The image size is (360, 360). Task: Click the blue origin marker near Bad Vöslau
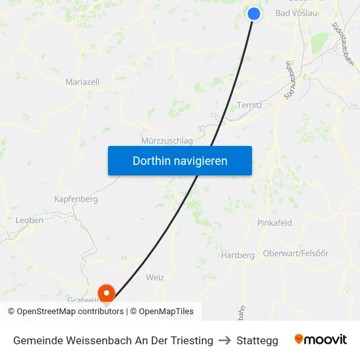point(255,14)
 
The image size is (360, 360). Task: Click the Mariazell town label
point(82,82)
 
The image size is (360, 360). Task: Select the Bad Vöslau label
point(298,13)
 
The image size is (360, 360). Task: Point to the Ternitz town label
point(249,105)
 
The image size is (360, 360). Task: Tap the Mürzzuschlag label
point(167,141)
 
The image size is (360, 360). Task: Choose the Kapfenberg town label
point(76,198)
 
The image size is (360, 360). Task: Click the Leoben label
point(29,221)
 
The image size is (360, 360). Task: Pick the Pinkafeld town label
point(274,223)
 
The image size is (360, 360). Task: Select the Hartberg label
point(238,255)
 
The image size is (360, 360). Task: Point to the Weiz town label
point(155,278)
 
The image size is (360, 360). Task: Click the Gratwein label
point(82,300)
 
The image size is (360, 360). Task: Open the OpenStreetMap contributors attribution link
point(69,312)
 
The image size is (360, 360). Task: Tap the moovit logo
point(321,340)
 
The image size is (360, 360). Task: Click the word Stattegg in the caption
point(257,340)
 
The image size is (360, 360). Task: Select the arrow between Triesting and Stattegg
point(225,340)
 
